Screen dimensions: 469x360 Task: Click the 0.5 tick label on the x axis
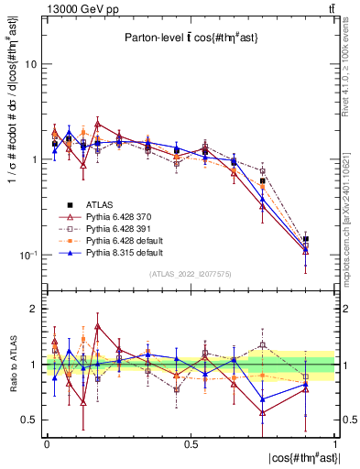191,443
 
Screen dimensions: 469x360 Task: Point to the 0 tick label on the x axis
47,443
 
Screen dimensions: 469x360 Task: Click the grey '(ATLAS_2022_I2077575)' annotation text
191,274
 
